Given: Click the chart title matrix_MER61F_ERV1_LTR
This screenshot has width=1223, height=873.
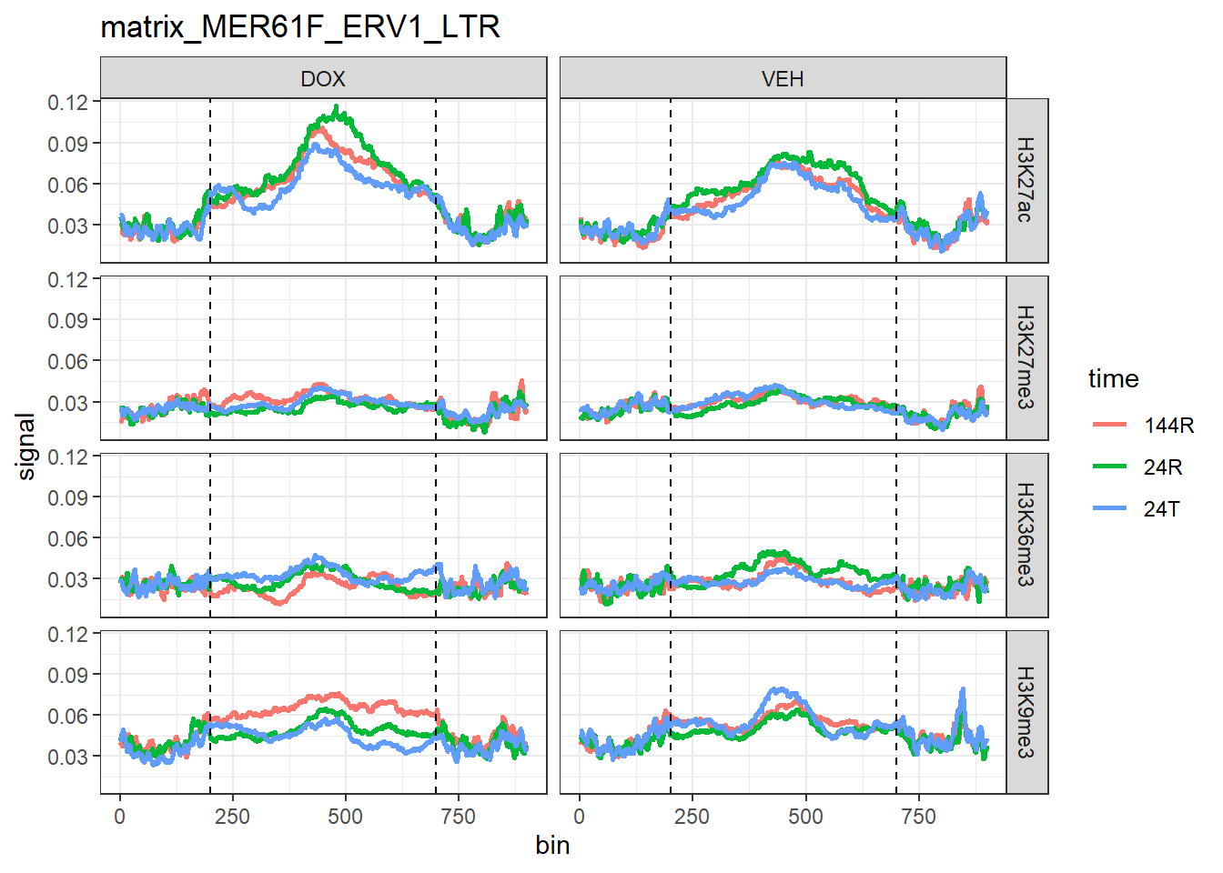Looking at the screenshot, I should point(300,26).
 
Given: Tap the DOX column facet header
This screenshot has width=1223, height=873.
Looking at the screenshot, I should point(323,79).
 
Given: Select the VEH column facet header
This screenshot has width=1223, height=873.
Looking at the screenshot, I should point(783,79).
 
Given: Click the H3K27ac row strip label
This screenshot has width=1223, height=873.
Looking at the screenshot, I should point(1026,180).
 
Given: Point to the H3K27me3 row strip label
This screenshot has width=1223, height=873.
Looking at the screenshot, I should point(1026,357).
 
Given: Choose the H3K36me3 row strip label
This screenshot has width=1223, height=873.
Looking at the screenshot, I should point(1026,535).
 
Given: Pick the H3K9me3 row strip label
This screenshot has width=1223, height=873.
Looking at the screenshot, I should point(1026,713).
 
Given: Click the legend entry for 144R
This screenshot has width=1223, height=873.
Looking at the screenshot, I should point(1168,425).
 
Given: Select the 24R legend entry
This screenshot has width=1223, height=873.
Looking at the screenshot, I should point(1163,467).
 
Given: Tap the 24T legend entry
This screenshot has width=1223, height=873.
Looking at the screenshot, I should point(1162,508).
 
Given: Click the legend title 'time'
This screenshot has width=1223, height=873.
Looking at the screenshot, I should point(1113,378).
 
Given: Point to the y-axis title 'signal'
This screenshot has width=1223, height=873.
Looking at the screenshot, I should point(26,447).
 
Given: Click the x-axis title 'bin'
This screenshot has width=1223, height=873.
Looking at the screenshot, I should point(552,846).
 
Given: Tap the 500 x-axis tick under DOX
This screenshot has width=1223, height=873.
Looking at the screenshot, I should point(345,817).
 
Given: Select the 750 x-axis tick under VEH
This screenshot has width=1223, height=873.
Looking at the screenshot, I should point(918,817).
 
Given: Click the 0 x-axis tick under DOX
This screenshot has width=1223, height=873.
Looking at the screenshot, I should point(120,817).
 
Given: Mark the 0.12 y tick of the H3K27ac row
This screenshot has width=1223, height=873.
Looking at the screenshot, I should point(68,102).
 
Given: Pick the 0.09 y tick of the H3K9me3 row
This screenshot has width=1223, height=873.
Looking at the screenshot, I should point(68,675).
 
